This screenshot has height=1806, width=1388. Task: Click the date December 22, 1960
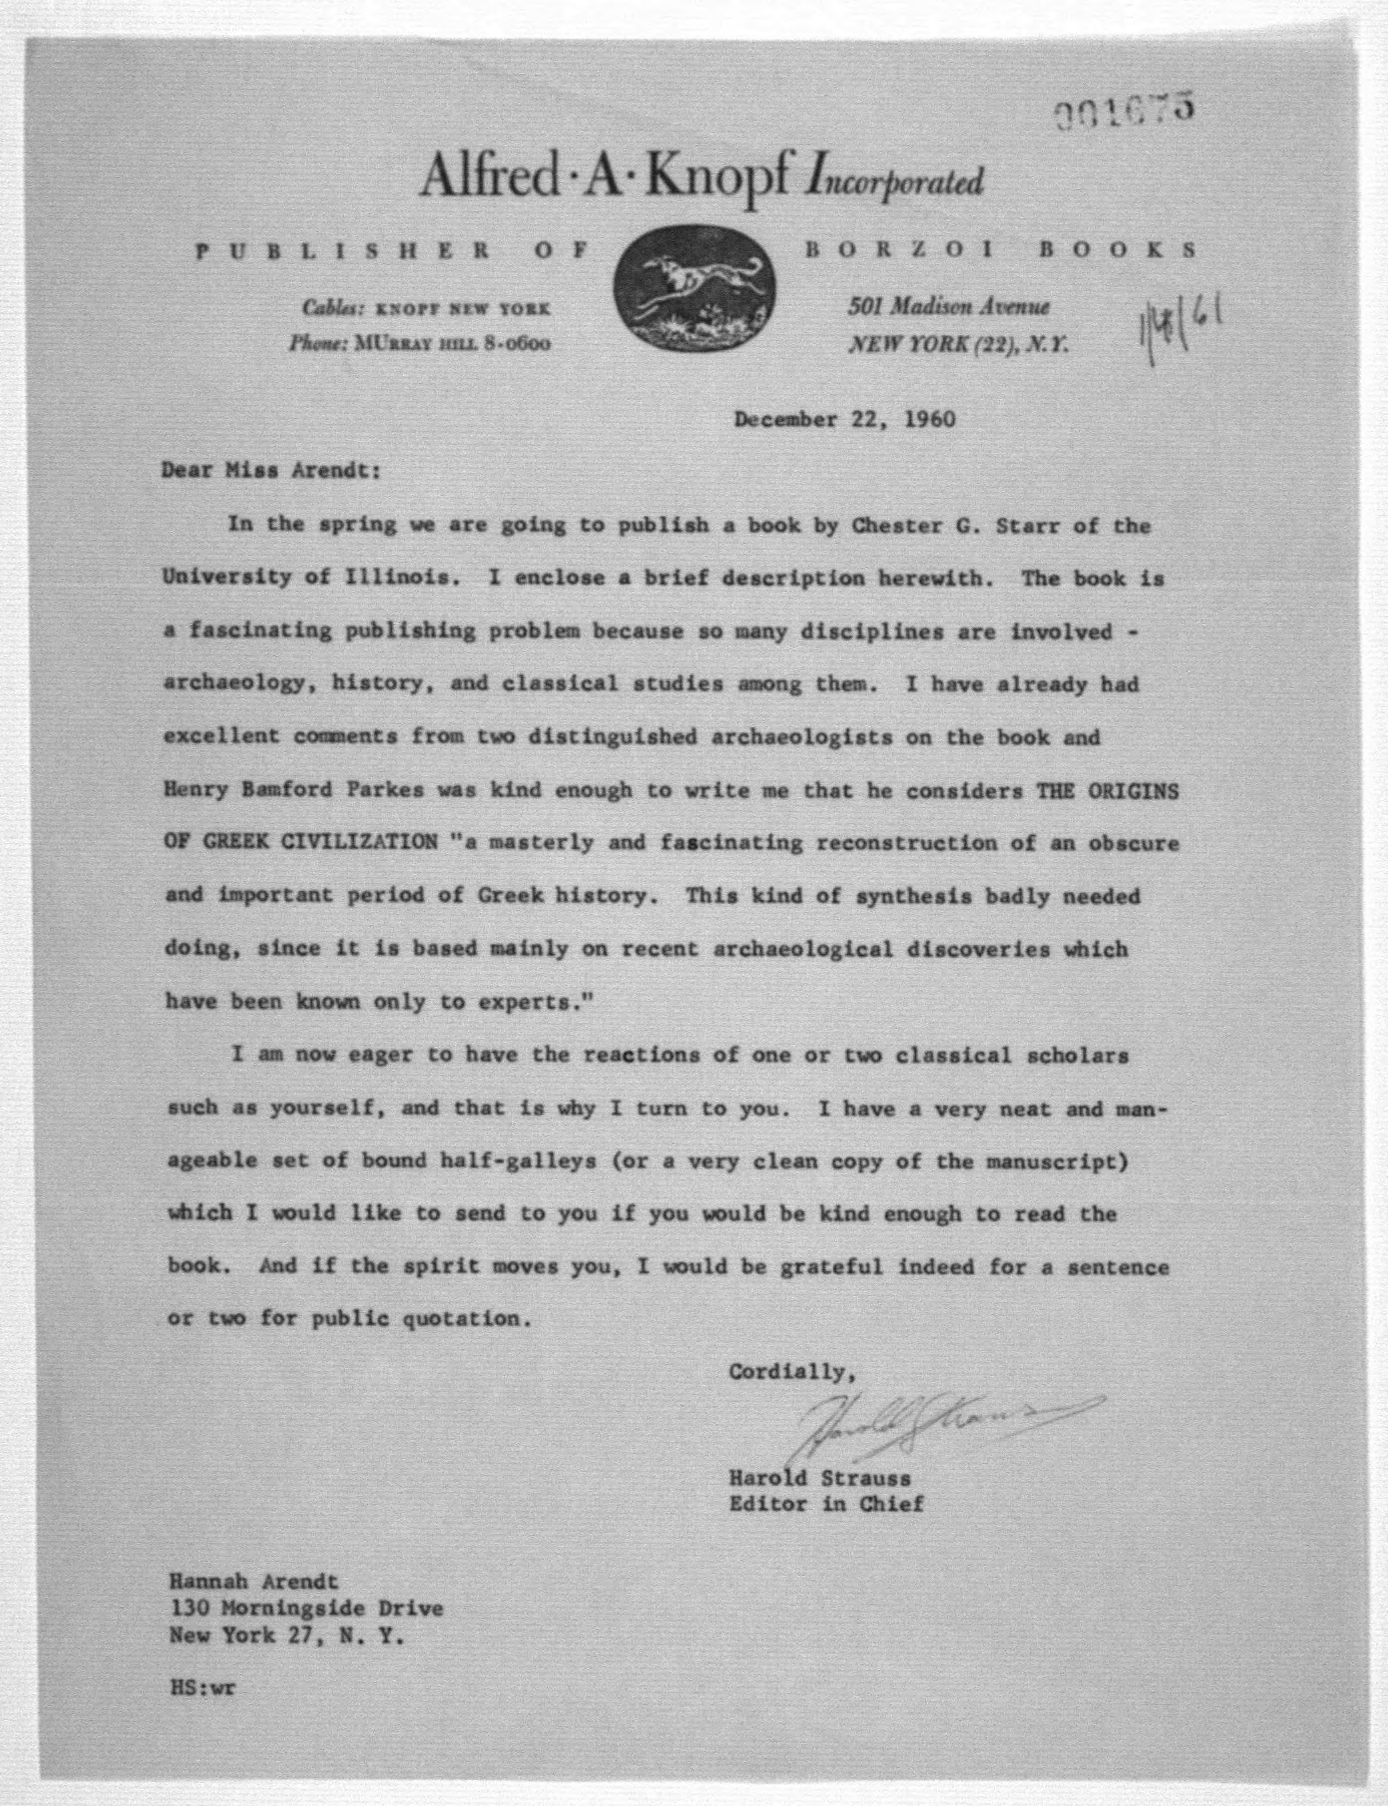tap(844, 419)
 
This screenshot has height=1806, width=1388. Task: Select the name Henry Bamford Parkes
tap(294, 790)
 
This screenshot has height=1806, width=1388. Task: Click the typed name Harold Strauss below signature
tap(819, 1476)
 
